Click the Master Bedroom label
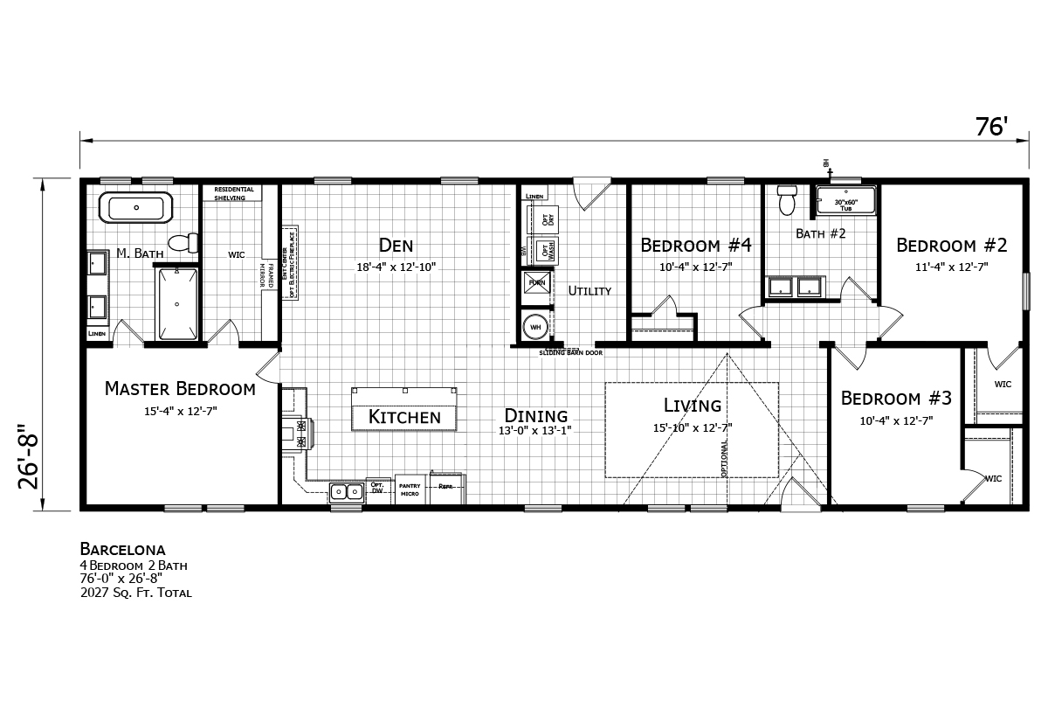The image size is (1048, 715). (x=180, y=389)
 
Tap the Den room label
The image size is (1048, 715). (x=396, y=246)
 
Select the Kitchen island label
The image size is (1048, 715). (x=403, y=418)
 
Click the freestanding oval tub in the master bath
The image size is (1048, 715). (x=135, y=209)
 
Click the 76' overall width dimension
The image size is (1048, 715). (x=992, y=128)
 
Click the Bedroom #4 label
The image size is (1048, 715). (x=696, y=245)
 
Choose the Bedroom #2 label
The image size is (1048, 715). (x=952, y=245)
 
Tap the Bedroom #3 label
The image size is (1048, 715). (x=896, y=399)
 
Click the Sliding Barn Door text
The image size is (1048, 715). (x=570, y=352)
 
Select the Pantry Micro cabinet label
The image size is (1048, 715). (x=410, y=489)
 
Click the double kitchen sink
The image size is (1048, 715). (x=346, y=491)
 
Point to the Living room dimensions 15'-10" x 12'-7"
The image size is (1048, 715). (x=693, y=427)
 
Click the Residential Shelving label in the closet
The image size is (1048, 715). (x=234, y=193)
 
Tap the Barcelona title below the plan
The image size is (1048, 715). (x=122, y=550)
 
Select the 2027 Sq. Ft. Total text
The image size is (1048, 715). (x=135, y=593)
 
